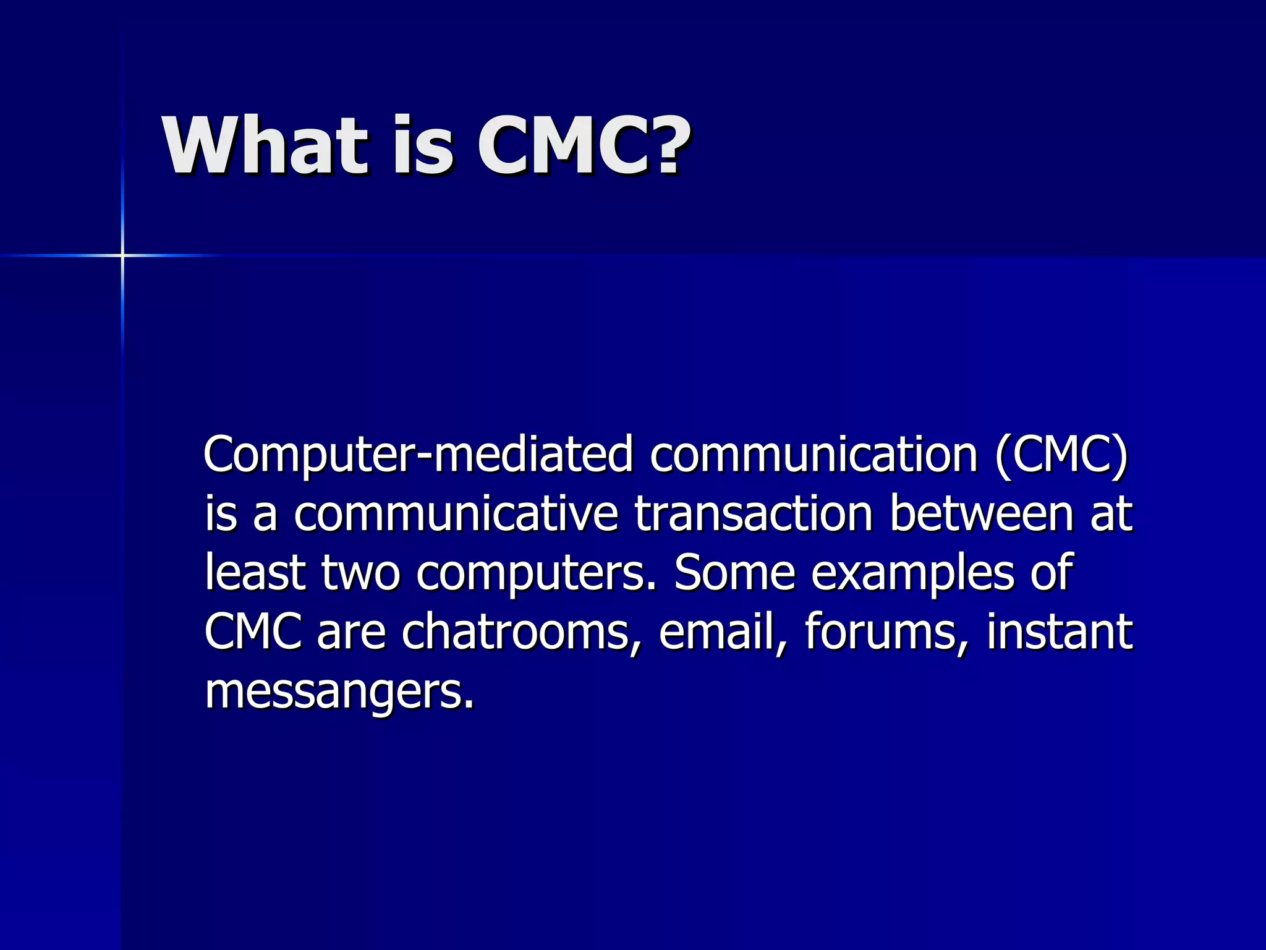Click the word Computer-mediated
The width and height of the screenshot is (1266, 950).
point(418,455)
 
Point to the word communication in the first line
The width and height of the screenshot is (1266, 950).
point(814,454)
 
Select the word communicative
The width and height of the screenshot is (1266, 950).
point(456,513)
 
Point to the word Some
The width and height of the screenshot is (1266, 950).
point(734,572)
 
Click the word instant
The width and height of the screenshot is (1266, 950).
point(1059,631)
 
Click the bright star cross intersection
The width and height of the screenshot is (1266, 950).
point(122,255)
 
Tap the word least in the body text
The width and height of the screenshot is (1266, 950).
point(255,572)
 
